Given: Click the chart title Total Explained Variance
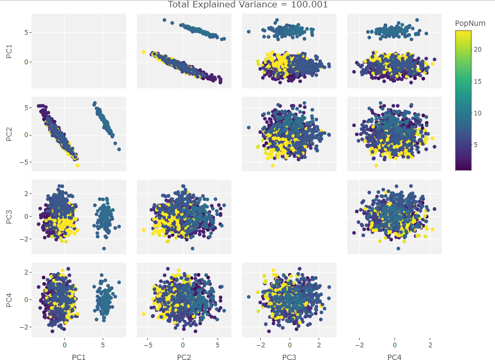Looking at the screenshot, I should (247, 5).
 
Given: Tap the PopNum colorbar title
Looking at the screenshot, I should (470, 23).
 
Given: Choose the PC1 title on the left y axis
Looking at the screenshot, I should (9, 51).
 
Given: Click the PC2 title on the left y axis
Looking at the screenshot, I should (9, 134).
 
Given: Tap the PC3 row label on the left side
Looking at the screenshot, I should (9, 217).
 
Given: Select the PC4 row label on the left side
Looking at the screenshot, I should (9, 300).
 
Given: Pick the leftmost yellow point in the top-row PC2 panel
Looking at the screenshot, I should (143, 52).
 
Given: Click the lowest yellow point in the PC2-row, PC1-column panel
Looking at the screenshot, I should (77, 166).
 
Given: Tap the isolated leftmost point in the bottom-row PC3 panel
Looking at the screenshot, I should (249, 297).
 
